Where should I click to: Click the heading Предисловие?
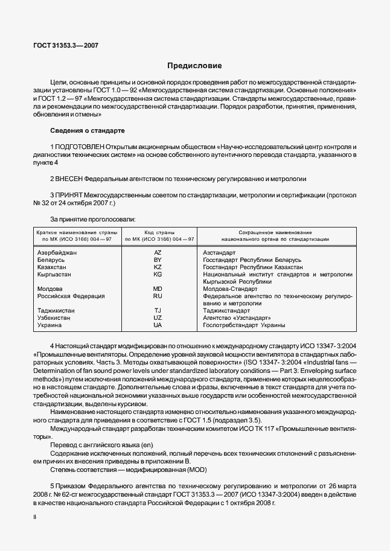coord(194,65)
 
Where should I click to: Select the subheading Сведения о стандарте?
coord(88,130)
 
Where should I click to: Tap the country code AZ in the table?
coord(158,252)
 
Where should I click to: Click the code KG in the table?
coord(158,274)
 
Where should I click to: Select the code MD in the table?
coord(158,288)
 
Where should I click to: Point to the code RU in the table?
coord(158,296)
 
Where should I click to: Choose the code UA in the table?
coord(158,325)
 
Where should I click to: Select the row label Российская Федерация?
coord(71,296)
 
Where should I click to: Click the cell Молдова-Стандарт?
coord(230,288)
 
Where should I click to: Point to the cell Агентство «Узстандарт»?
coord(237,317)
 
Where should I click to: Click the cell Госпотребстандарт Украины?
coord(244,325)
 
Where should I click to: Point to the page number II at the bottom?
coord(34,517)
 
